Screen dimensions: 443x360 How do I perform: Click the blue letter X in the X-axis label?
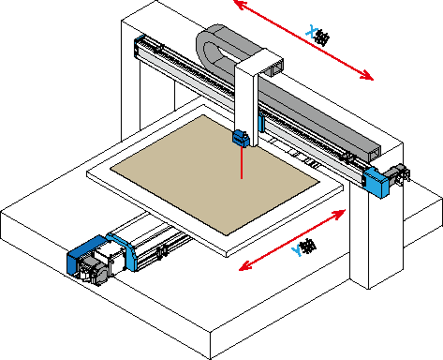pyautogui.click(x=311, y=31)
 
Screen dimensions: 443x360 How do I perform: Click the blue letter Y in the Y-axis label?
pyautogui.click(x=297, y=250)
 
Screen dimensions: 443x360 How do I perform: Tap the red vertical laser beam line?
pyautogui.click(x=242, y=162)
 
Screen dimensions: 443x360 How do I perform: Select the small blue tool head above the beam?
pyautogui.click(x=241, y=138)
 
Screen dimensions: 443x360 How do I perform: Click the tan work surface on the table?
pyautogui.click(x=214, y=173)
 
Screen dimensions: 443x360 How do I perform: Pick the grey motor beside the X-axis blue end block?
pyautogui.click(x=396, y=174)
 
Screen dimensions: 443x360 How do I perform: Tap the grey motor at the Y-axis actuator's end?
pyautogui.click(x=94, y=273)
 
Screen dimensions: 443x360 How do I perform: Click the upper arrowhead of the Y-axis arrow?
pyautogui.click(x=339, y=214)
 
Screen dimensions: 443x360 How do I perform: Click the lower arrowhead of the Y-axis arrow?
pyautogui.click(x=245, y=266)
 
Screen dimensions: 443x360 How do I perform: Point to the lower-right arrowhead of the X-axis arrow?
pyautogui.click(x=366, y=76)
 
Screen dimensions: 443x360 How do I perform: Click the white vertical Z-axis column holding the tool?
pyautogui.click(x=246, y=100)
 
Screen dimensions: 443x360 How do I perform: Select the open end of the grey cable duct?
pyautogui.click(x=374, y=154)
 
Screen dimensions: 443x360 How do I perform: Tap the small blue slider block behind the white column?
pyautogui.click(x=261, y=123)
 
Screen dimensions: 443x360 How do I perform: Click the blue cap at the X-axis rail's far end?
pyautogui.click(x=138, y=47)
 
